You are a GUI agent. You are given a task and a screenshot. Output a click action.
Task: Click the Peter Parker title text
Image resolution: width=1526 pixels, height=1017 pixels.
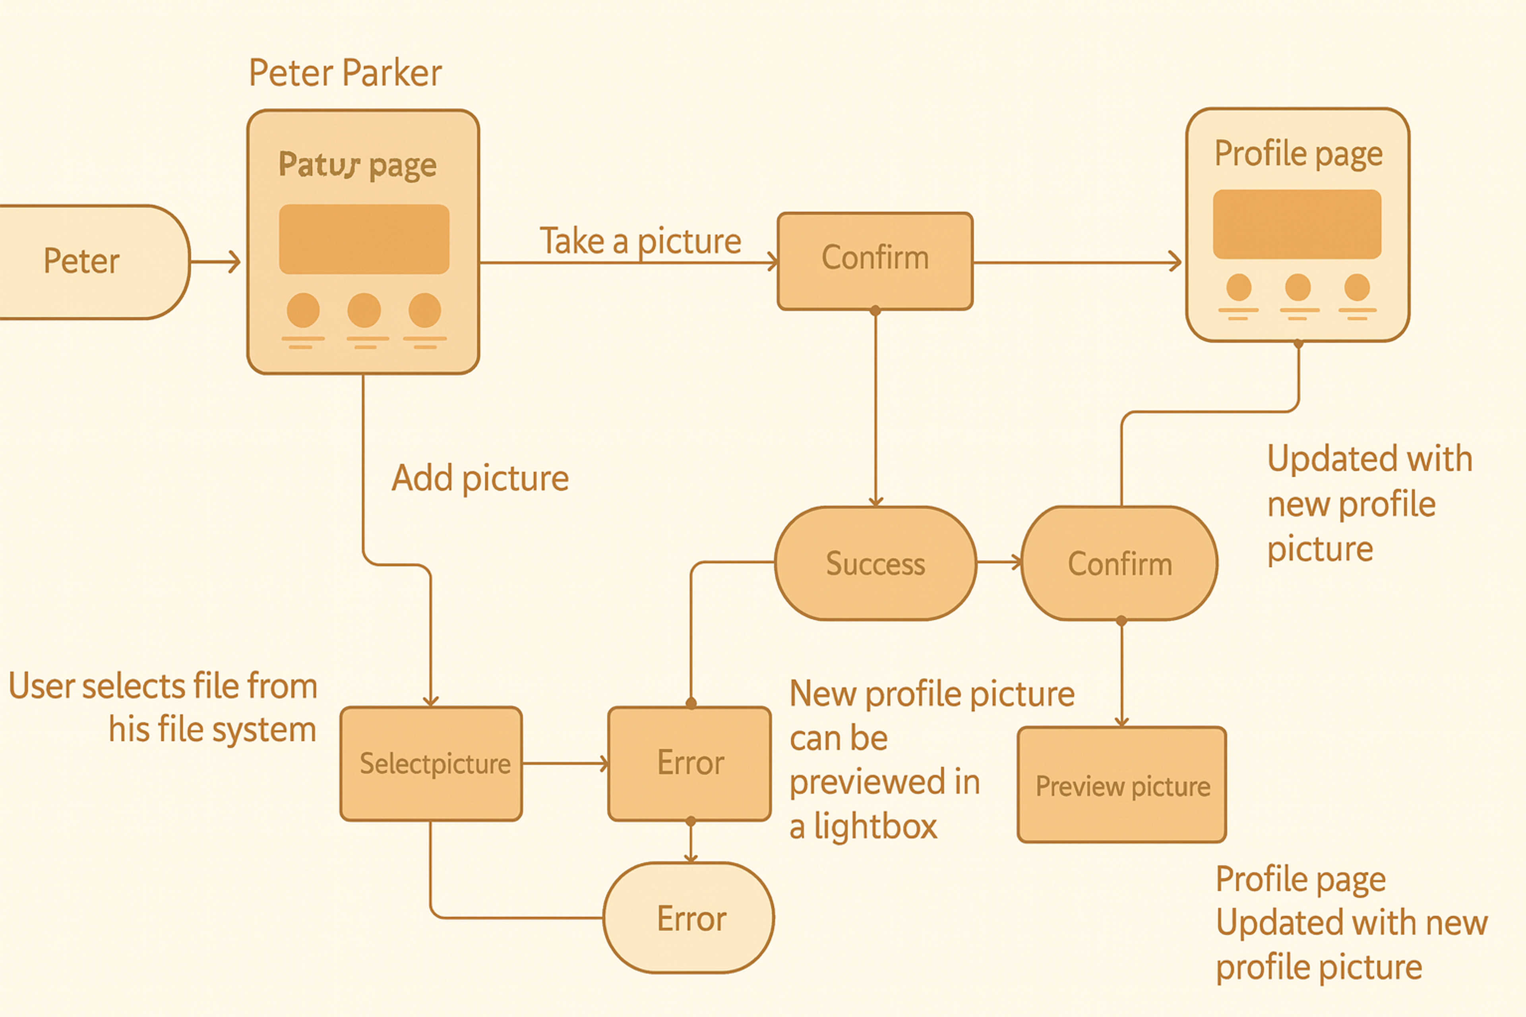coord(345,73)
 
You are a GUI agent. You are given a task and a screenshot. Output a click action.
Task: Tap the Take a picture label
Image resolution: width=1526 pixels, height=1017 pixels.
coord(640,241)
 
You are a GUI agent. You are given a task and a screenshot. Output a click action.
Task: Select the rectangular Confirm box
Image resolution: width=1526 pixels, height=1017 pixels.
coord(875,260)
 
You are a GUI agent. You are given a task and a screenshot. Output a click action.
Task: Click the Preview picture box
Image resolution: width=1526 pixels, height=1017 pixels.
coord(1122,785)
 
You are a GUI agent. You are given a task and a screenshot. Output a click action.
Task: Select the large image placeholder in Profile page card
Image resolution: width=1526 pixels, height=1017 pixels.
coord(1297,224)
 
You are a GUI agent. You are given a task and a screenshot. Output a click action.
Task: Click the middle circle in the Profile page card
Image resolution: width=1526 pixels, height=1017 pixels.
coord(1297,287)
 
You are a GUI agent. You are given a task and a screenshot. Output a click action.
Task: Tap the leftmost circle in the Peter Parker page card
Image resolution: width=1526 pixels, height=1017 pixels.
coord(303,310)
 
